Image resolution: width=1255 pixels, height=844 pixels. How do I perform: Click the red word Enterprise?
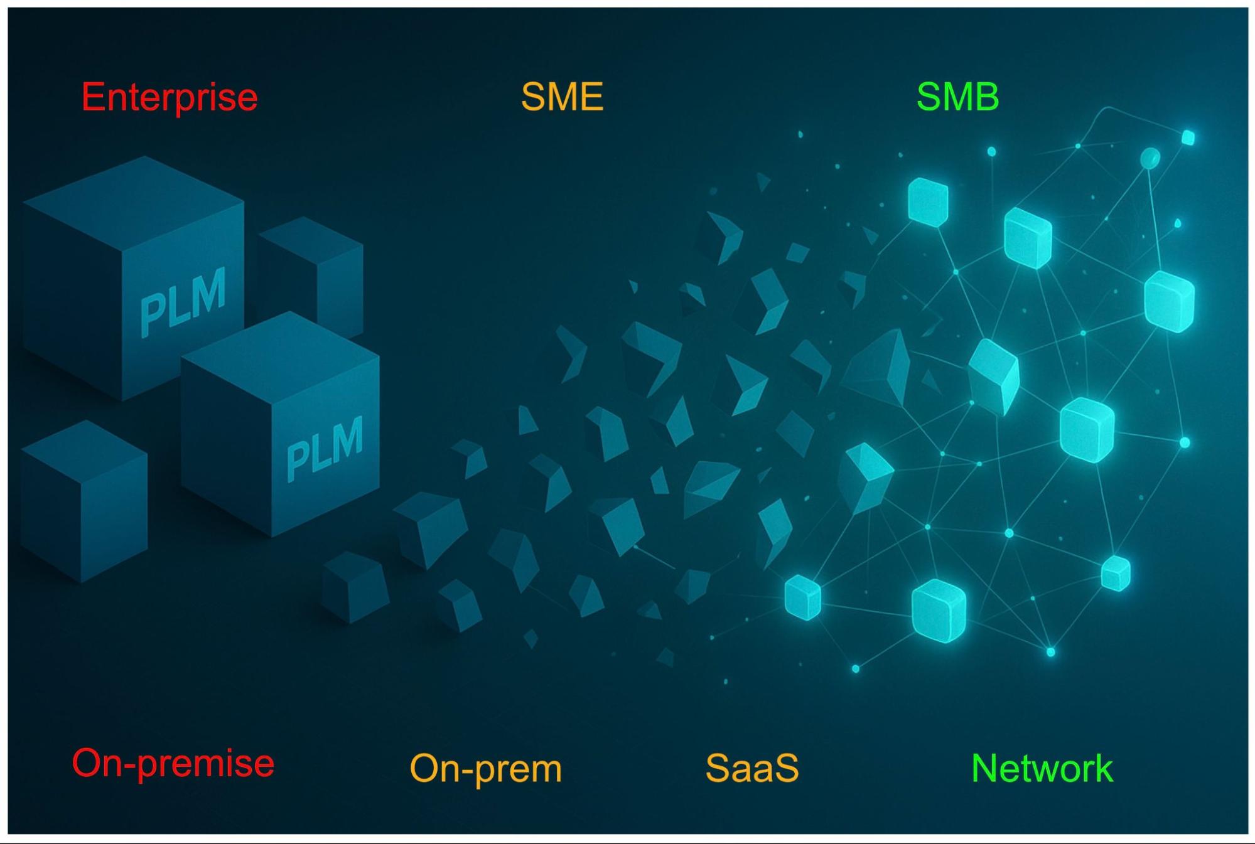point(170,98)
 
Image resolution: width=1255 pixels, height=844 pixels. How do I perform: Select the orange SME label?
point(562,97)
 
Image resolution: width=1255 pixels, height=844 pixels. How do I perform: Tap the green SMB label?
point(957,97)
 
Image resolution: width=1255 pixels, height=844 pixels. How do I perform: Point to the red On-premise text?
point(173,764)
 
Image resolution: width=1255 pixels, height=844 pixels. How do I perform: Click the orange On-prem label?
point(485,768)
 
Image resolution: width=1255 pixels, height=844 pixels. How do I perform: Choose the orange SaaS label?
point(751,767)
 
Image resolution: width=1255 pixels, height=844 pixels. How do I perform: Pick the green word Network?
point(1042,768)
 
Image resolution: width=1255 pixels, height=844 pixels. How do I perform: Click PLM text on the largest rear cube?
point(183,301)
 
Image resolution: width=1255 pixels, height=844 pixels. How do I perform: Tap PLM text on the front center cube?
point(325,448)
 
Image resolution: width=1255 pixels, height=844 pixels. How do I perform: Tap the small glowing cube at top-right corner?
point(1188,137)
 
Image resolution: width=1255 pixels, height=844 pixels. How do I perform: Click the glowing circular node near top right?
point(1150,158)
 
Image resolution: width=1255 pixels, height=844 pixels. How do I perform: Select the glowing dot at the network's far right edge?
point(1185,442)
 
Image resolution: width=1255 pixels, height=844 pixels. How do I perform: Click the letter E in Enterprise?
point(92,98)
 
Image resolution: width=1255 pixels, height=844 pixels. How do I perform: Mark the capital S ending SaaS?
point(786,767)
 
